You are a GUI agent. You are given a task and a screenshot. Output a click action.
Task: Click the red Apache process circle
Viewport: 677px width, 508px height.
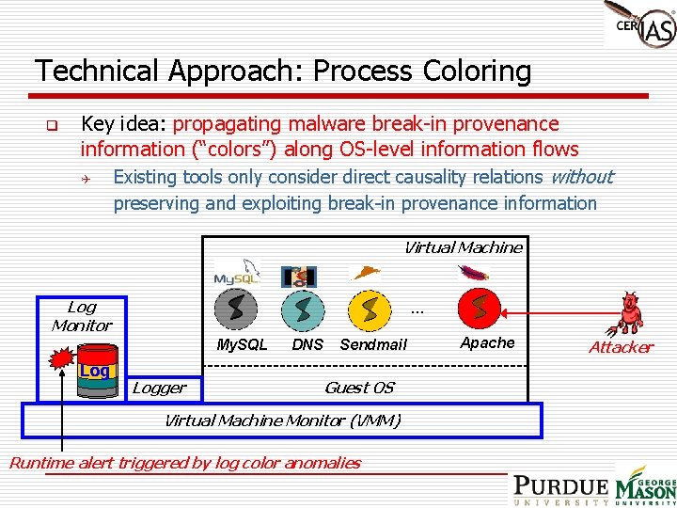tap(480, 308)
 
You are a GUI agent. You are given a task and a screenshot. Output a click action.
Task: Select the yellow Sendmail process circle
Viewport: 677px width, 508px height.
tap(370, 309)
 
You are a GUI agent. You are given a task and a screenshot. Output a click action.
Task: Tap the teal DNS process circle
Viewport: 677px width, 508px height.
tap(303, 309)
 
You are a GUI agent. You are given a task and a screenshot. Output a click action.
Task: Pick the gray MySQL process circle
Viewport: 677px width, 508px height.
tap(237, 309)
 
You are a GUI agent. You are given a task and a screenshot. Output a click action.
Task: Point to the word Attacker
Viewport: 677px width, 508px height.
tap(621, 347)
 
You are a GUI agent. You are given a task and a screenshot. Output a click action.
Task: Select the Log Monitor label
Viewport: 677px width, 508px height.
tap(82, 316)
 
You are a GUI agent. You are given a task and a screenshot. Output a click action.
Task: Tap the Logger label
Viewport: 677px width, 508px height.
tap(159, 388)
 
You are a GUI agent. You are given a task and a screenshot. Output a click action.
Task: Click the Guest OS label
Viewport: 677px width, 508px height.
tap(358, 388)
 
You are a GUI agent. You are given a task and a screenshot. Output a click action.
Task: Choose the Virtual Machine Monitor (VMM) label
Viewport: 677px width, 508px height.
tap(282, 421)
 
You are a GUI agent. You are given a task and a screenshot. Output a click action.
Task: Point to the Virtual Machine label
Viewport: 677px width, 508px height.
tap(463, 247)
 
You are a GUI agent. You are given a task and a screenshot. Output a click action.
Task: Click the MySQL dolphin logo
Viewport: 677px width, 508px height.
tap(236, 273)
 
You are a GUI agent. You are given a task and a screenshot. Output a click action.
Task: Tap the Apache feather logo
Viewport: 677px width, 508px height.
tap(473, 273)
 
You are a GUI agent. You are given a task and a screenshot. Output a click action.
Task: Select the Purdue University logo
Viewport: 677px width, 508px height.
tap(560, 489)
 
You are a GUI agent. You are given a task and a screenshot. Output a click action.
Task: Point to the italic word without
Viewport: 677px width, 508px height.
tap(580, 177)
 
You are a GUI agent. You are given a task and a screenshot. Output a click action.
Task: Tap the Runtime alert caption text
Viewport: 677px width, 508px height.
tap(184, 463)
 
